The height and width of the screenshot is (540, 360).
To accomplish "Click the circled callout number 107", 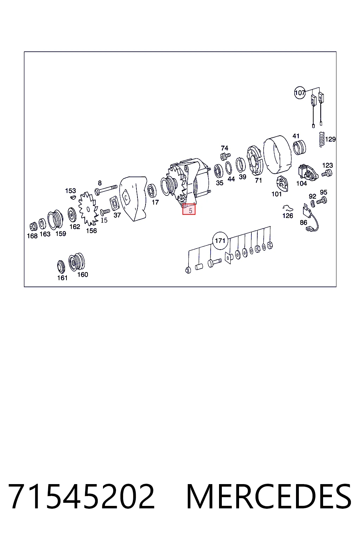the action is coord(300,92).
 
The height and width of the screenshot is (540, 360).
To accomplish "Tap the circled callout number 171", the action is coord(220,240).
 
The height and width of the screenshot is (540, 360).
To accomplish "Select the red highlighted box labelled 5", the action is coord(189,209).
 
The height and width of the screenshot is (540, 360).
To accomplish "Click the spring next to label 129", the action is coord(321,139).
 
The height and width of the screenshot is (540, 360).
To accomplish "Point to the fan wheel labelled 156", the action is coord(88,208).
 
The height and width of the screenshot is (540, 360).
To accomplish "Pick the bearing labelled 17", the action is coord(152,191).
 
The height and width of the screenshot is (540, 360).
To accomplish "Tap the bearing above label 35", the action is coord(218,171).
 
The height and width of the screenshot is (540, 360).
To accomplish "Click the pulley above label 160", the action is coord(77,262).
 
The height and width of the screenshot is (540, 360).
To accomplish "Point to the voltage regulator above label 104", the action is coord(307,172).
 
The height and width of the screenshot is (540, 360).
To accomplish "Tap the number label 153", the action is coord(70,191).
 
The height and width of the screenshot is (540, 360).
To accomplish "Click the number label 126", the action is coord(288,216).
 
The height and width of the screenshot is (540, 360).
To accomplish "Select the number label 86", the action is coord(304,223).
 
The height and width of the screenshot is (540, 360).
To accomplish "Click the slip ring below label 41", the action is coord(300,147).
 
